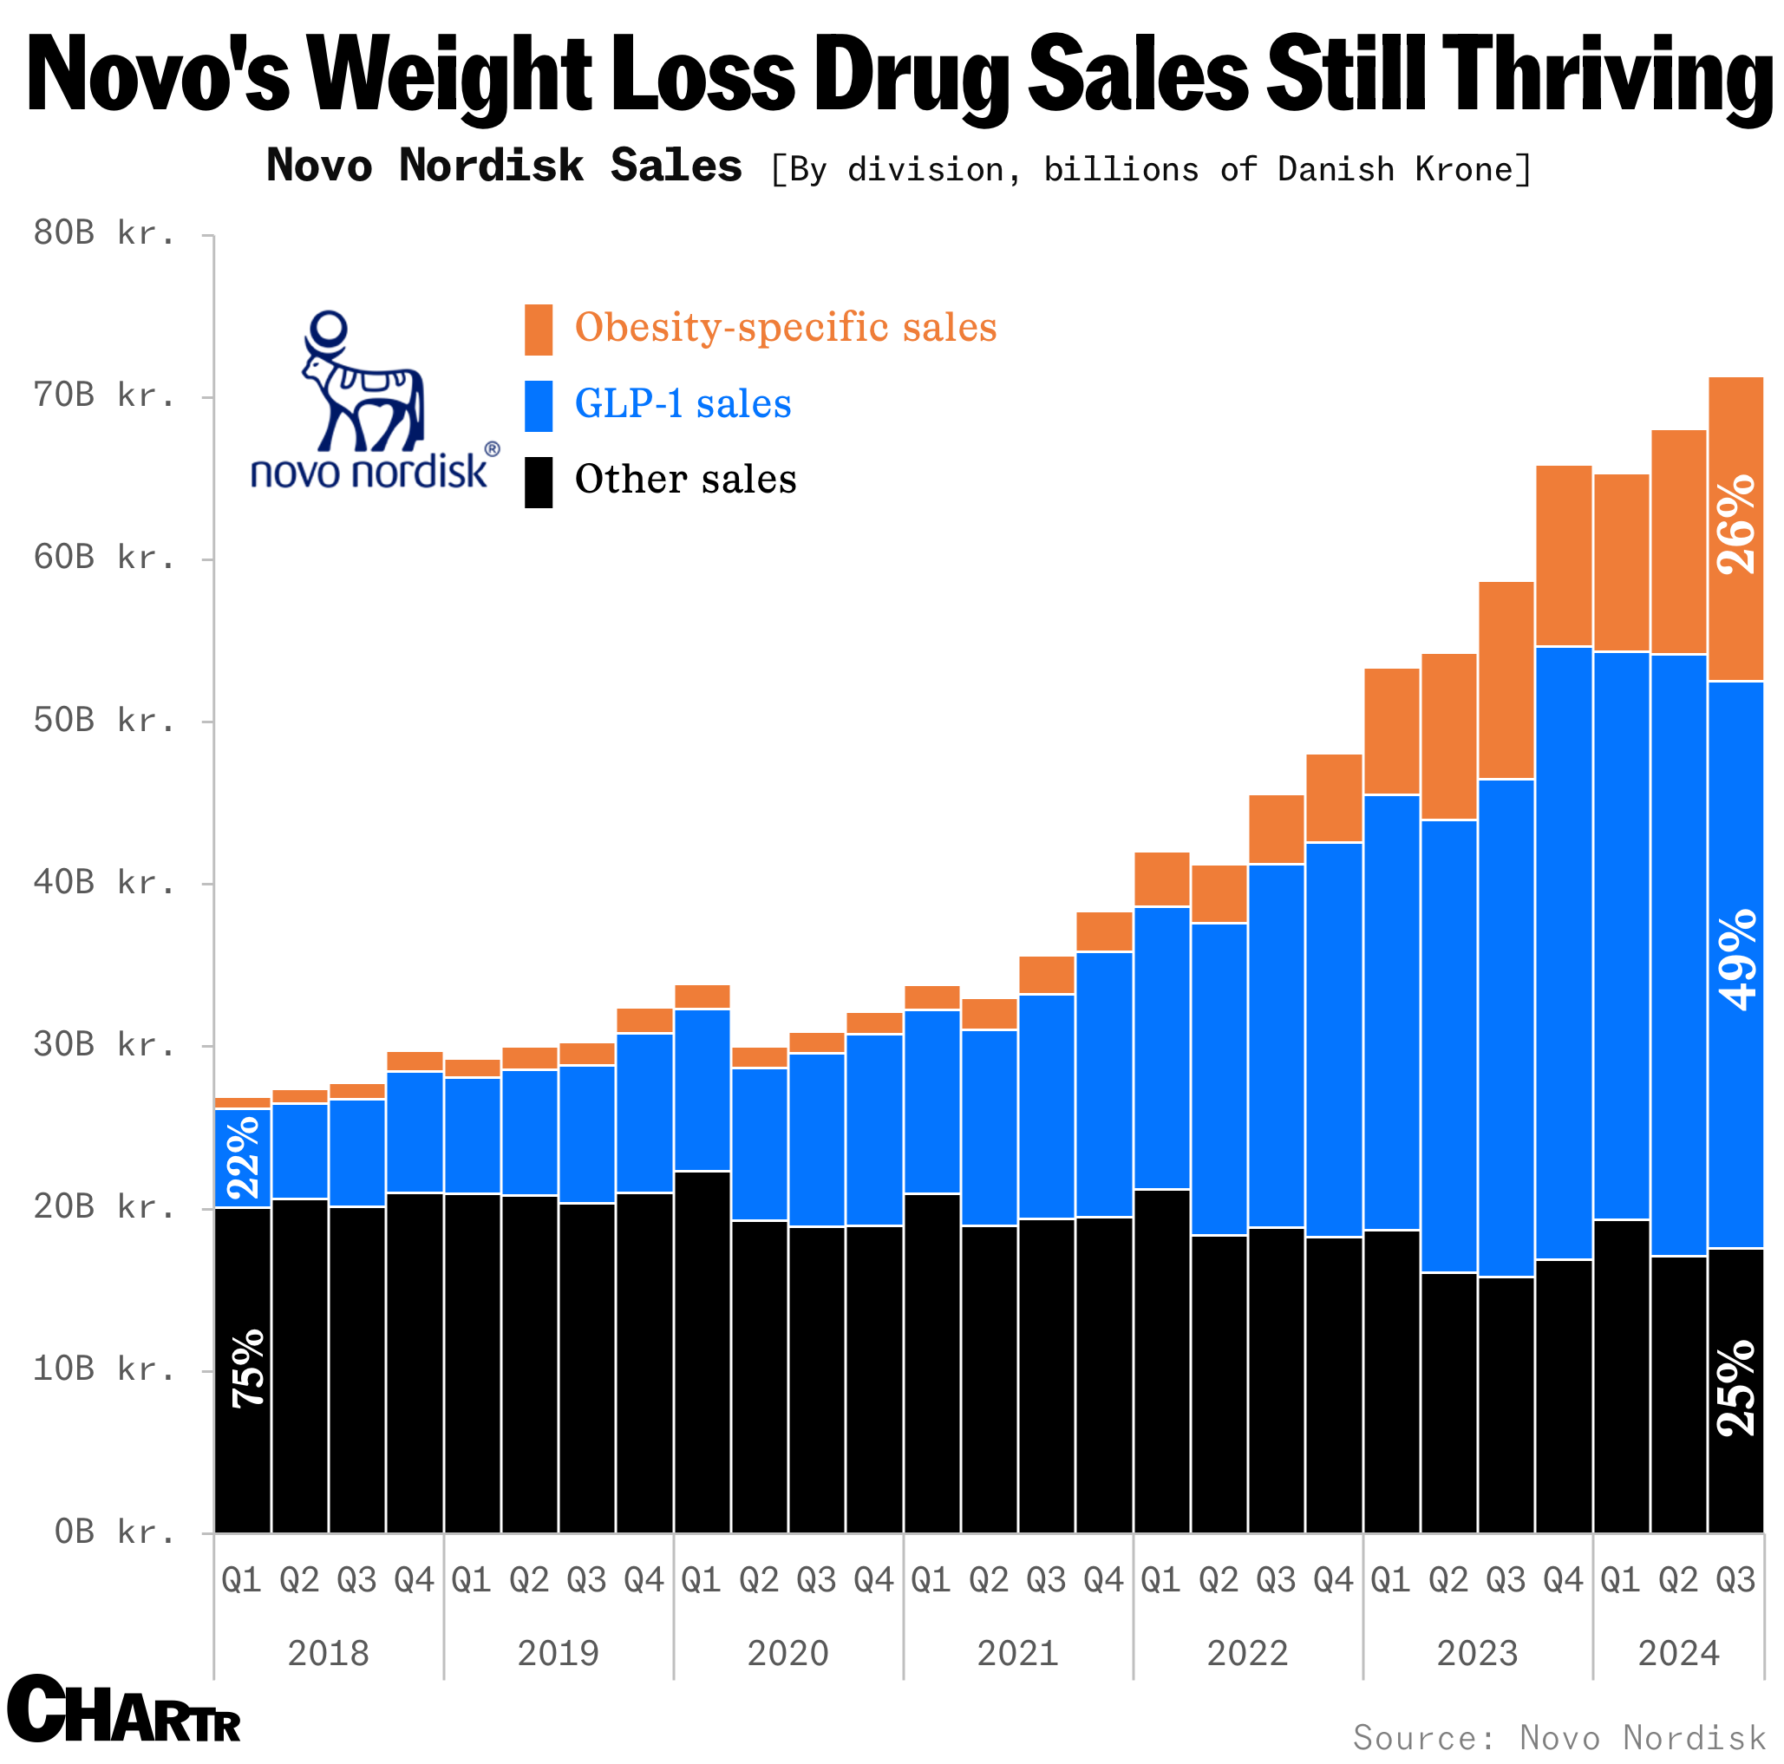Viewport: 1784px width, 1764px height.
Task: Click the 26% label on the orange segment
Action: coord(1736,524)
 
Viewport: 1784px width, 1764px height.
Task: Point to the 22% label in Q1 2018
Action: coord(243,1157)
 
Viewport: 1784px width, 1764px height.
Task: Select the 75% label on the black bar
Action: coord(246,1368)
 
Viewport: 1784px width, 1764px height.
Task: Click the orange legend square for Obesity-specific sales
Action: coord(539,330)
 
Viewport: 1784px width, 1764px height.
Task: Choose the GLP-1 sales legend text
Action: coord(683,403)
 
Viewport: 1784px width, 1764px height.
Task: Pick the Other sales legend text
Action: coord(685,480)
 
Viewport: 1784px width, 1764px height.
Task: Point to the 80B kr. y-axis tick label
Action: coord(104,233)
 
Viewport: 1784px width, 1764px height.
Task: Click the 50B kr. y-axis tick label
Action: coord(104,721)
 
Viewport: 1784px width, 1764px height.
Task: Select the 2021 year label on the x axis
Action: coord(1017,1653)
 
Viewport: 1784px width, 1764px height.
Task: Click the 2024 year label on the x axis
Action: coord(1679,1653)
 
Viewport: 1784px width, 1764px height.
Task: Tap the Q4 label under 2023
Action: coord(1564,1580)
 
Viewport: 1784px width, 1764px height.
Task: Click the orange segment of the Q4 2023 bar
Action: coord(1565,556)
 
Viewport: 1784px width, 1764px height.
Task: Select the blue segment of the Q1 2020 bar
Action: coord(702,1090)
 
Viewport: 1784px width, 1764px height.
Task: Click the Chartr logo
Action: coord(124,1709)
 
